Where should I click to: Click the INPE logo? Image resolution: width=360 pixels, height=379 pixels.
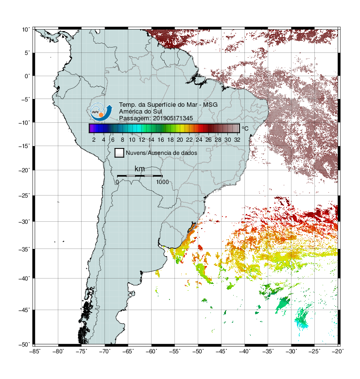pyautogui.click(x=101, y=112)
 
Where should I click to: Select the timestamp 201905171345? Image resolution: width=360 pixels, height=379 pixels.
pyautogui.click(x=173, y=118)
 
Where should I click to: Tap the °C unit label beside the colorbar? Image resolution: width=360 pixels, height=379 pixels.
pyautogui.click(x=245, y=128)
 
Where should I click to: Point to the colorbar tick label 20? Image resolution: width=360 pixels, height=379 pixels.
pyautogui.click(x=180, y=140)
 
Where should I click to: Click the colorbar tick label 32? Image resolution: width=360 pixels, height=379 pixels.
pyautogui.click(x=237, y=140)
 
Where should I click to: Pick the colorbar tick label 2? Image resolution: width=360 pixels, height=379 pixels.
pyautogui.click(x=94, y=140)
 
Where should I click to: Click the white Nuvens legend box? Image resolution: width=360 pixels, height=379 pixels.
pyautogui.click(x=120, y=153)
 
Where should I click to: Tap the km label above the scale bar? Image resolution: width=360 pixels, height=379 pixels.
pyautogui.click(x=139, y=169)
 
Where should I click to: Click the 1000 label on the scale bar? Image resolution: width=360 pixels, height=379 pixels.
pyautogui.click(x=162, y=182)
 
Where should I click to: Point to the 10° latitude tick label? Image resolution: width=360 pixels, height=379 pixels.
pyautogui.click(x=25, y=30)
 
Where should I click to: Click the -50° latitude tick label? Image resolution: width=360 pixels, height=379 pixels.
pyautogui.click(x=24, y=345)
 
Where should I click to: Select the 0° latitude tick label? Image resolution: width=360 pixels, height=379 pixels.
pyautogui.click(x=27, y=76)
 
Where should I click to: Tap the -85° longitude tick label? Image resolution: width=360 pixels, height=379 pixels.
pyautogui.click(x=34, y=351)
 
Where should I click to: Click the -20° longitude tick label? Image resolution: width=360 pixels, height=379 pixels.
pyautogui.click(x=338, y=351)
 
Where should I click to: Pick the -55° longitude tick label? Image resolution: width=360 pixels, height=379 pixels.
pyautogui.click(x=174, y=351)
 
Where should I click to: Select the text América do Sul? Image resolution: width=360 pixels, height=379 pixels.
pyautogui.click(x=140, y=112)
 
